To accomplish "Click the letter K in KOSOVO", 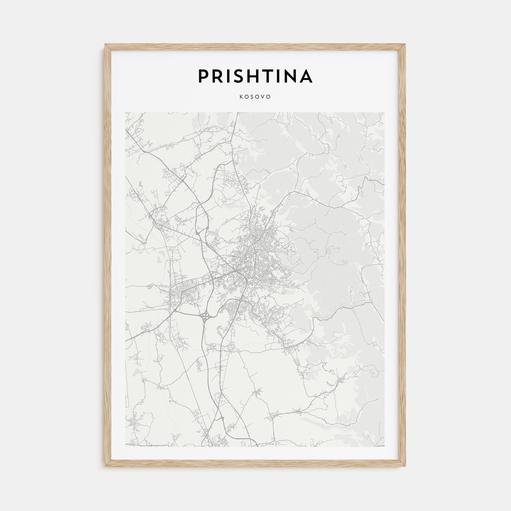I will pos(241,97).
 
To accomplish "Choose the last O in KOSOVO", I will pos(269,97).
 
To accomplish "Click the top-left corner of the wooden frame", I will pos(106,44).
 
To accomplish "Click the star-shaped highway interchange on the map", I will pos(204,315).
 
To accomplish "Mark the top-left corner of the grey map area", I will pos(126,112).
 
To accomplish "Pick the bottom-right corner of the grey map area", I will pos(385,447).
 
